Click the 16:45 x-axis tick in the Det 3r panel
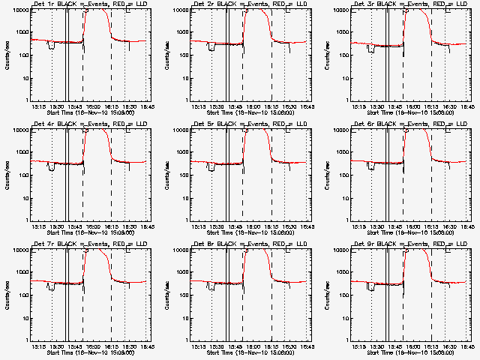[468, 106]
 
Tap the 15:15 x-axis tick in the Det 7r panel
[38, 346]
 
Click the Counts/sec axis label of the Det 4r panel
[6, 172]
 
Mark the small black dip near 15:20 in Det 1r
[51, 46]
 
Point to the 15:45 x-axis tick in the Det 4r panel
[75, 226]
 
